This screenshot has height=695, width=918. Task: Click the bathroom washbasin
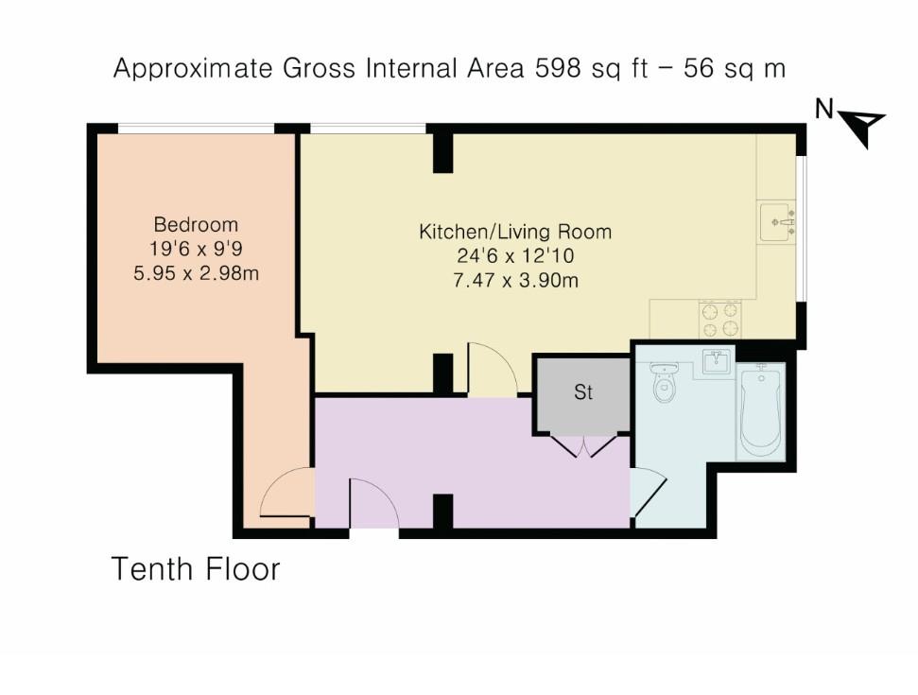point(717,363)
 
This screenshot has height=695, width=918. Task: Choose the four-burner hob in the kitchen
point(722,320)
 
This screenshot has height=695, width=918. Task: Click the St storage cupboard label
point(583,392)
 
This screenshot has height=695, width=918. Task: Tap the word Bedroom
point(196,225)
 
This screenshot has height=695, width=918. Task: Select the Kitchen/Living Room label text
point(515,232)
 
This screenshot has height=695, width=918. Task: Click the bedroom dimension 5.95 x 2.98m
point(196,275)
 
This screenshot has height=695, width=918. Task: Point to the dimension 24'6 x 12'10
point(515,255)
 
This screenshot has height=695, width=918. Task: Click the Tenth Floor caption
point(196,569)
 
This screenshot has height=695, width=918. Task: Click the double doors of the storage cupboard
point(582,445)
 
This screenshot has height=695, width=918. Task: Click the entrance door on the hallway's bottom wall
point(373,505)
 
